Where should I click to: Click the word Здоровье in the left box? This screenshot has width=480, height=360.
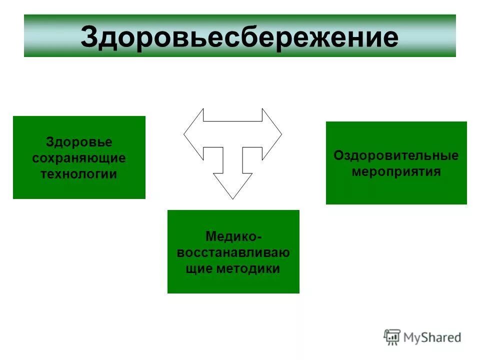[79, 142]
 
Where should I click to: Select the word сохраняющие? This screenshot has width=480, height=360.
[79, 158]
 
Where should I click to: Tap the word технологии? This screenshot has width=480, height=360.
[79, 174]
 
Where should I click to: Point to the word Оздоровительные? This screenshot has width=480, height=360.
[396, 155]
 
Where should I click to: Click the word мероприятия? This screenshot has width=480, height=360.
[396, 171]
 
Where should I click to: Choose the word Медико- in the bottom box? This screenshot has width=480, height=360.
[233, 235]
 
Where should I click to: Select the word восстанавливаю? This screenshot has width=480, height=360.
[233, 252]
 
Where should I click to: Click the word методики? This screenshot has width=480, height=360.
[248, 268]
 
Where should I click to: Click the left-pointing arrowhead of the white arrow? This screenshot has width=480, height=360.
[192, 134]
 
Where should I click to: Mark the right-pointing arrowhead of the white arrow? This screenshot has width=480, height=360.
[272, 134]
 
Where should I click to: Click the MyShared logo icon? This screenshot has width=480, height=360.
[392, 337]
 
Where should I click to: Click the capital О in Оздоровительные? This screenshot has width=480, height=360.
[338, 155]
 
